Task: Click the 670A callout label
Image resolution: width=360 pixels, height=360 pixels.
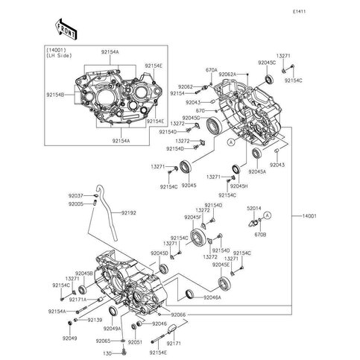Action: point(211,70)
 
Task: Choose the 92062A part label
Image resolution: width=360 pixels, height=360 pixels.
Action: point(227,75)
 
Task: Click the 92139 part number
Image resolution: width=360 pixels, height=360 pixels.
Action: point(94,320)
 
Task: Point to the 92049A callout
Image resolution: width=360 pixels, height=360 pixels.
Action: point(112,329)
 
